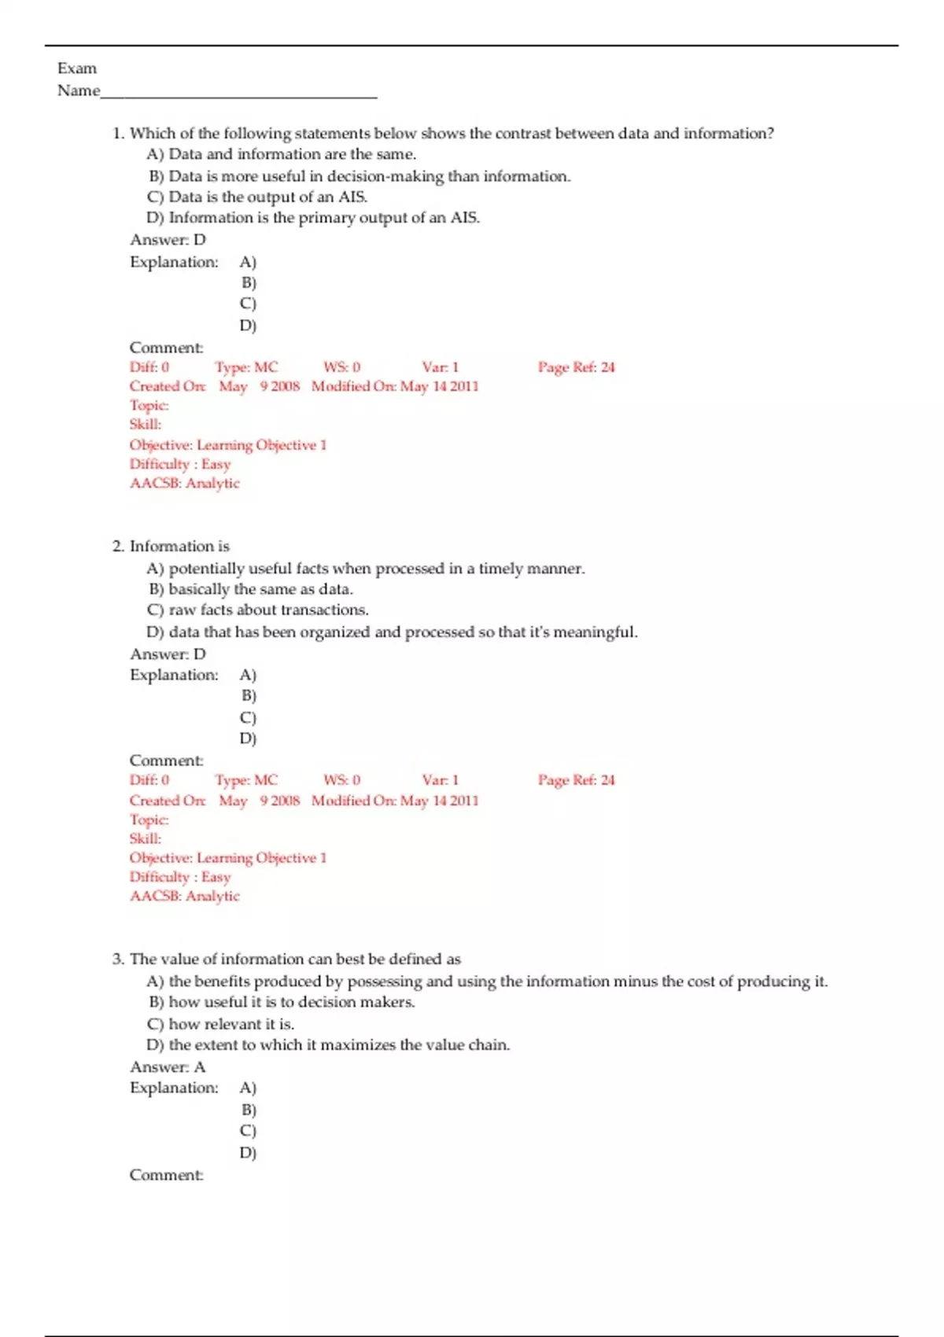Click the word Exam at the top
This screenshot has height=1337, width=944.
click(x=77, y=68)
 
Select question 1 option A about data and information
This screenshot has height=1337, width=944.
click(x=281, y=154)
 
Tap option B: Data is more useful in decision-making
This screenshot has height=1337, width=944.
click(x=360, y=176)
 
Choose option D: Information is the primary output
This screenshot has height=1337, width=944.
click(x=313, y=218)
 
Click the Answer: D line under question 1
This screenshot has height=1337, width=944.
click(x=168, y=240)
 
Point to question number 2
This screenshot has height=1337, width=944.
click(x=118, y=546)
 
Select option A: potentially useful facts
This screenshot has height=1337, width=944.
click(x=366, y=568)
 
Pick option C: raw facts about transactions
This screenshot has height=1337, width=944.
click(x=257, y=610)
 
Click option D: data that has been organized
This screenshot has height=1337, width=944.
click(x=392, y=632)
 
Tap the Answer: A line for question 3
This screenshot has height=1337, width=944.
click(x=168, y=1067)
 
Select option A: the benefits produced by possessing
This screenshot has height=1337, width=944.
click(x=487, y=981)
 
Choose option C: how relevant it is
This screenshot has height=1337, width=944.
click(x=220, y=1024)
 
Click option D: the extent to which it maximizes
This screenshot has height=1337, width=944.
click(x=328, y=1045)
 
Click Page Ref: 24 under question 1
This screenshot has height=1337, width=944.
click(x=576, y=367)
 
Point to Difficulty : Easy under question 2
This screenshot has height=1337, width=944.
click(x=180, y=877)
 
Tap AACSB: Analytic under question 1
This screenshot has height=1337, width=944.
click(x=185, y=483)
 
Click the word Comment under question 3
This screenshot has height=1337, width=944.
click(x=166, y=1175)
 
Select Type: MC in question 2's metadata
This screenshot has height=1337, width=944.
click(x=246, y=780)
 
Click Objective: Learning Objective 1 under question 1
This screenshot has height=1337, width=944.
click(x=228, y=445)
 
